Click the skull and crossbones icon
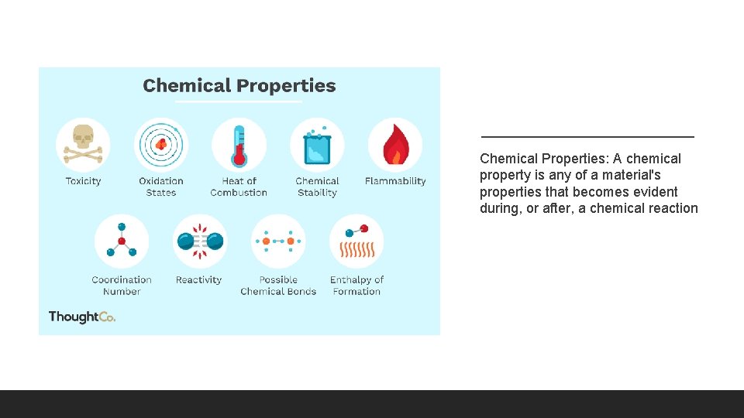coord(83,145)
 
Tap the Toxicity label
coord(83,181)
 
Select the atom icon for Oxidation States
coord(161,145)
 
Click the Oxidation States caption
coord(161,187)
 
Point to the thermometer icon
coord(239,145)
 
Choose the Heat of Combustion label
coord(239,187)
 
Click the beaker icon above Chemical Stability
coord(317,145)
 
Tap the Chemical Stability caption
coord(317,187)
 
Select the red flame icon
coord(395,145)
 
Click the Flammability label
coord(395,181)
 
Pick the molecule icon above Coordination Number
coord(122,242)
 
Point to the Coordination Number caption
coord(122,286)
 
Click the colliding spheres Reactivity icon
coord(199,242)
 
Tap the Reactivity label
coord(199,279)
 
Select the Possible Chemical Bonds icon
coord(278,242)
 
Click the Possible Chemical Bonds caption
coord(278,286)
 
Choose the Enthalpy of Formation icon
coord(357,242)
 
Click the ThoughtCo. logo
coord(81,317)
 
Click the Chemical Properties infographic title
coord(239,86)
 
